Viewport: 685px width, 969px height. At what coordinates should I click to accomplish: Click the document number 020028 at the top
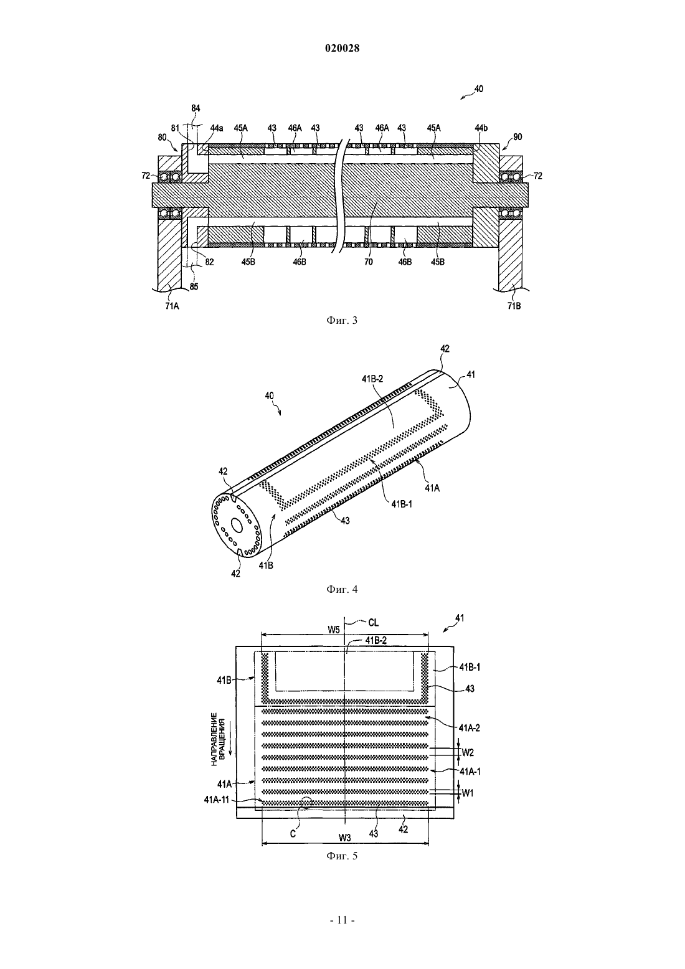[342, 49]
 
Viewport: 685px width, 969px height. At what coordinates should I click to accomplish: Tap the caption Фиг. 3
[342, 321]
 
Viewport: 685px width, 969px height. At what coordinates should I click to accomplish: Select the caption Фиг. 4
[342, 589]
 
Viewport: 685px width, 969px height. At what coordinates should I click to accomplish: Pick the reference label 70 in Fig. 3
[368, 262]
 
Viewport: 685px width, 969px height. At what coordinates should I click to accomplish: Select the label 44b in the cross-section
[481, 128]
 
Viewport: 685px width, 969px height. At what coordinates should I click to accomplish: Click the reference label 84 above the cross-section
[196, 108]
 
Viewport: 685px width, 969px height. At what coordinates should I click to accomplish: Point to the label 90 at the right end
[517, 137]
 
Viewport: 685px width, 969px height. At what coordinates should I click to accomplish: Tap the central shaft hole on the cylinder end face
[237, 525]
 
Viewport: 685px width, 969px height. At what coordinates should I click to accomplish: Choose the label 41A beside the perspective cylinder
[432, 488]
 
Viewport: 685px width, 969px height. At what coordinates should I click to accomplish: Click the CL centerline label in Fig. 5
[373, 623]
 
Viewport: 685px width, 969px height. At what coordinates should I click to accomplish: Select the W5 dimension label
[333, 630]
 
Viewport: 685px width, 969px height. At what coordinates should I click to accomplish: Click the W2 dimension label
[468, 753]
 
